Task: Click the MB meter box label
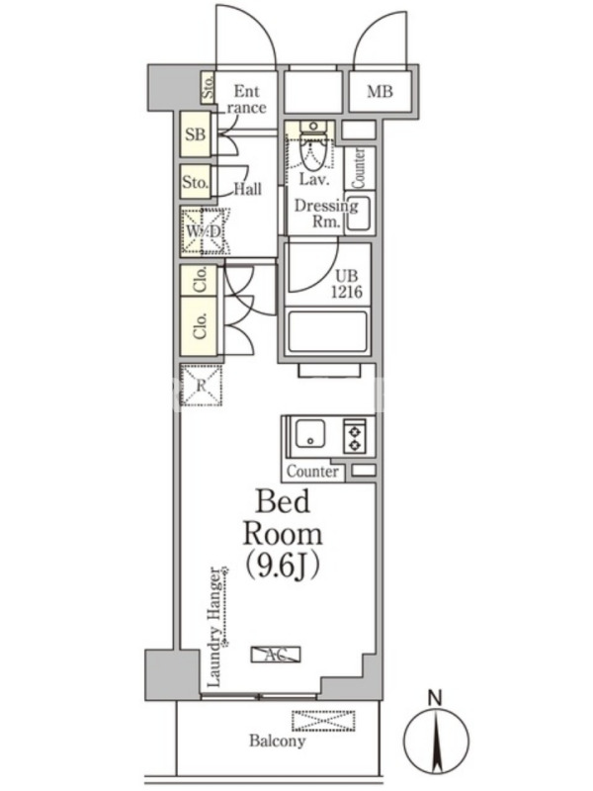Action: (380, 92)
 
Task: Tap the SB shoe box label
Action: (195, 134)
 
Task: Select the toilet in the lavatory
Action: (312, 146)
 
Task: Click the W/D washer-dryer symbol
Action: (205, 232)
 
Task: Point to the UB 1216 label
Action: (347, 284)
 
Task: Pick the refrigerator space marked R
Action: (202, 385)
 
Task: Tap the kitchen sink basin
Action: (310, 434)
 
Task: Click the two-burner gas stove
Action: (354, 436)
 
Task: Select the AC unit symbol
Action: (276, 655)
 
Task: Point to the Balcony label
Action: (278, 741)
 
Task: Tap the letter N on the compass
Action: (435, 698)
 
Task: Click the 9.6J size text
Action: (283, 567)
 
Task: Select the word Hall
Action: (248, 189)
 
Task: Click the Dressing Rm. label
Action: (325, 213)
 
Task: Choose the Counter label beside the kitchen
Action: (312, 472)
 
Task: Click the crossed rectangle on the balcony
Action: (324, 721)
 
